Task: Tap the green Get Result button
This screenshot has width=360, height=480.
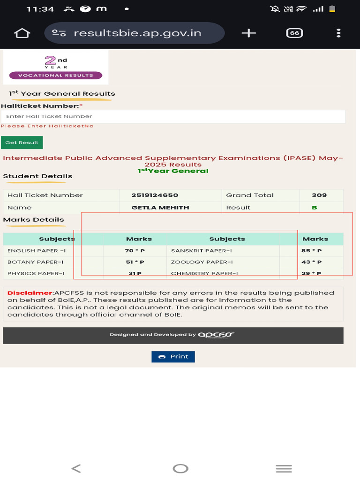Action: (22, 142)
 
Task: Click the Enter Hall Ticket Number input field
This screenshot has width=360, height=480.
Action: (173, 116)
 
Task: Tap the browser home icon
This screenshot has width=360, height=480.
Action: (22, 33)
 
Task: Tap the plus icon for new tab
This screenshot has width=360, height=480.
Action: (248, 33)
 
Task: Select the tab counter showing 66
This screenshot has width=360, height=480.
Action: (294, 33)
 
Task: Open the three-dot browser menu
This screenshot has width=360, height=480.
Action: (338, 33)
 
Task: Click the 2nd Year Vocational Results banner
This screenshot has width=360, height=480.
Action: (56, 67)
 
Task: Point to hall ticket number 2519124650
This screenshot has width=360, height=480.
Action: (155, 195)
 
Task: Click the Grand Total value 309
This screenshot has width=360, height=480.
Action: (319, 195)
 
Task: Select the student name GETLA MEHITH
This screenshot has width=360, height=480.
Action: (160, 207)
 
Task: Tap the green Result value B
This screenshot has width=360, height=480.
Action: (314, 207)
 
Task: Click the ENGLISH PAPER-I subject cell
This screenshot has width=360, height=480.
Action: (37, 251)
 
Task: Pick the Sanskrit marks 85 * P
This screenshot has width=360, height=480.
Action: (311, 251)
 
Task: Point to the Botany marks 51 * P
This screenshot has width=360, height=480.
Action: (135, 262)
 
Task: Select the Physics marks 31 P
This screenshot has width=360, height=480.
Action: (135, 273)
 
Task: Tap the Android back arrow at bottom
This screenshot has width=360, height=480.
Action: (76, 468)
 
